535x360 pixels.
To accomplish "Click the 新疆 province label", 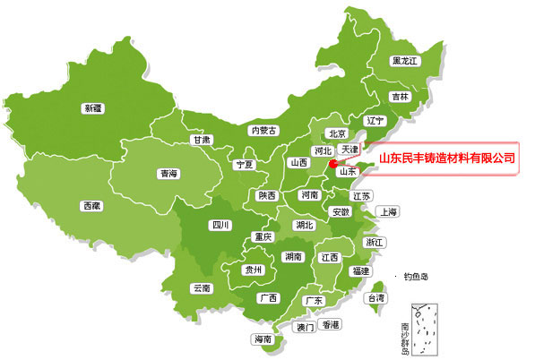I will tap(93, 108).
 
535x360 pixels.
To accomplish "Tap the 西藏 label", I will tap(91, 206).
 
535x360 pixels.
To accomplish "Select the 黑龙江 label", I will tap(405, 61).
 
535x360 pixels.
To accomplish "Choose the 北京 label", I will tap(337, 133).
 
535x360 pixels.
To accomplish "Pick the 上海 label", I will tap(389, 212).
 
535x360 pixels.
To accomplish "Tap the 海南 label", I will tap(263, 339).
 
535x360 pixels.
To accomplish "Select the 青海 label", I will tap(168, 174).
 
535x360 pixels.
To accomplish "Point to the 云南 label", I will tap(202, 288).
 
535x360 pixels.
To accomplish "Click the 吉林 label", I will tap(399, 96).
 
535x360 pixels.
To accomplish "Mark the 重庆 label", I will tap(263, 237).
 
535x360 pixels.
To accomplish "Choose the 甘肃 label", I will tap(201, 140).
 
